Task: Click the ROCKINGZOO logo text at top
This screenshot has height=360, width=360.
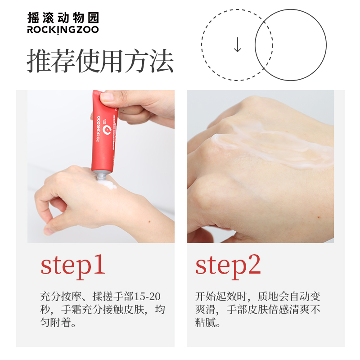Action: [x=63, y=30]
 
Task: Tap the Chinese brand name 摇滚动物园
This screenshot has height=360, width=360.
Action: [x=63, y=18]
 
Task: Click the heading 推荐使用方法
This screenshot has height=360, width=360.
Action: [x=100, y=61]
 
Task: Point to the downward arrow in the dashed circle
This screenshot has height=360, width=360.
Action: [x=238, y=45]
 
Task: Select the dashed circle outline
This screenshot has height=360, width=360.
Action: [x=202, y=45]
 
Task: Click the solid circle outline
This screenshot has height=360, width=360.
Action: [x=326, y=45]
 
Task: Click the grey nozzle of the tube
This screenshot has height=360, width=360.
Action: [x=101, y=176]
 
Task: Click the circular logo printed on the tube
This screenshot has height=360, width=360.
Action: [x=107, y=130]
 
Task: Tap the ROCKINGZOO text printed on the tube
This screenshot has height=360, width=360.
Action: [x=98, y=129]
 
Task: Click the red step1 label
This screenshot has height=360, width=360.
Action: [x=73, y=266]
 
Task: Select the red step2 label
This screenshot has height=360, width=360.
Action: [x=228, y=266]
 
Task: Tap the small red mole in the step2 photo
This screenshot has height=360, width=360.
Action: [x=319, y=217]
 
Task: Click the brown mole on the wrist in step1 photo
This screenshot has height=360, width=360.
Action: [x=149, y=221]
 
